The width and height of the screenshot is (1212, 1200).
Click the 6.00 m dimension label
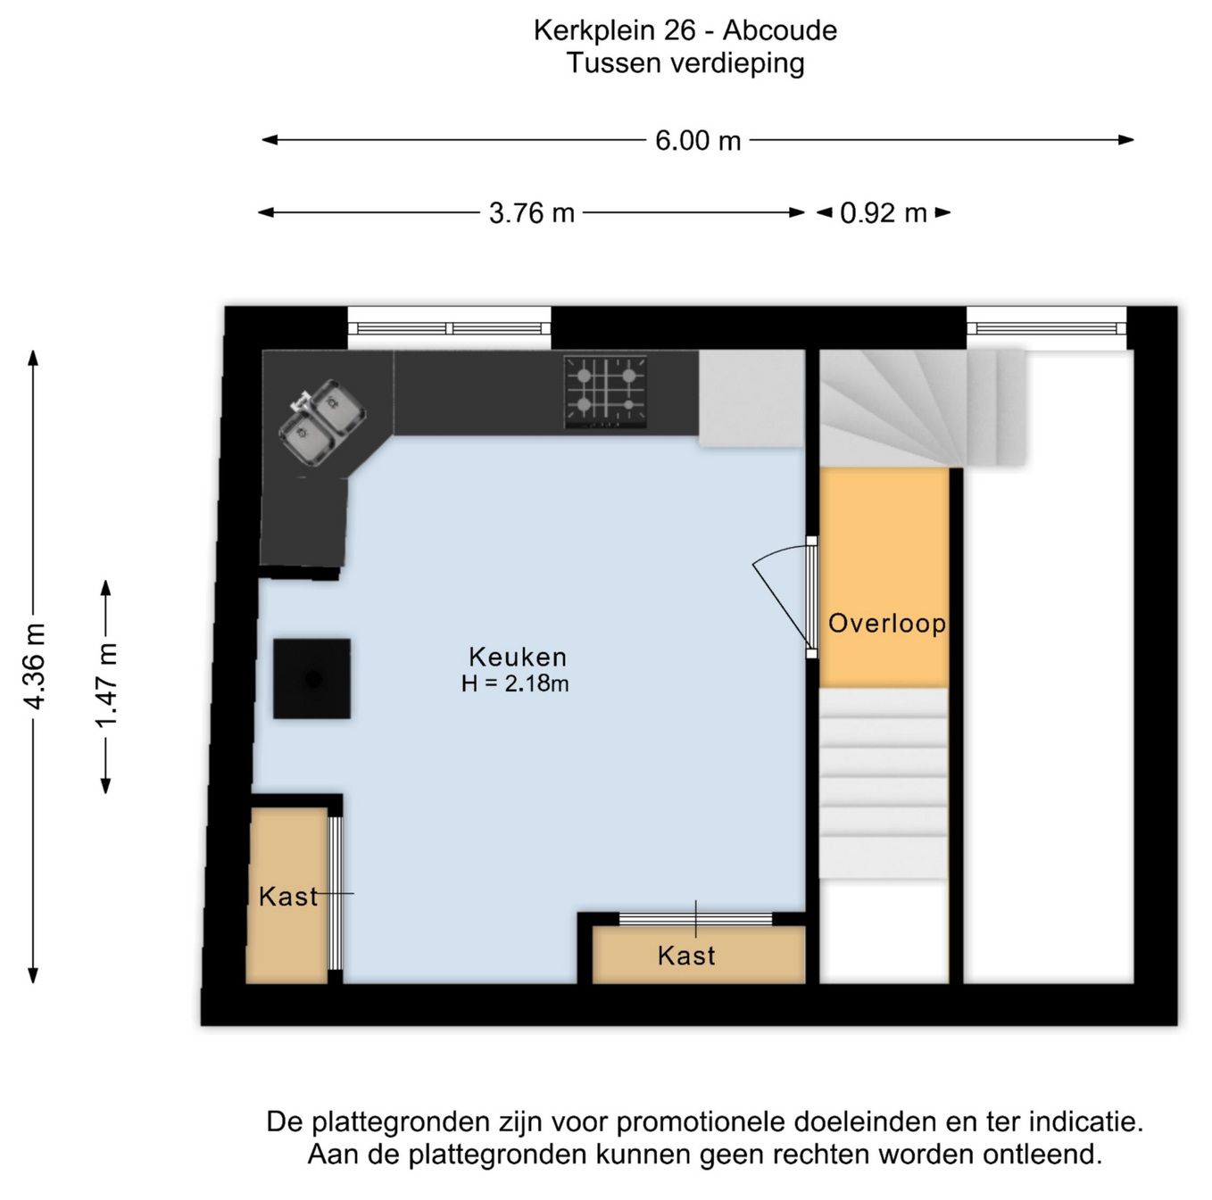pos(698,140)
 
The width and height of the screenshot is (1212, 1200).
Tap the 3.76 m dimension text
pos(531,213)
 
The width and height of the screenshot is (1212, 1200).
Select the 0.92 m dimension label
pos(883,213)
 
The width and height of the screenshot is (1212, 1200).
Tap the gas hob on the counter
pos(605,392)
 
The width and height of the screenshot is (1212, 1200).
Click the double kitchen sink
pos(322,422)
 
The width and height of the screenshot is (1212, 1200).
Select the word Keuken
pos(518,658)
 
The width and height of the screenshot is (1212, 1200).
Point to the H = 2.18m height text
pos(515,683)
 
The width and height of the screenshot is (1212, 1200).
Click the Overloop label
pos(887,624)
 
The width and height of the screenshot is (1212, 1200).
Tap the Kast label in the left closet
pos(288,897)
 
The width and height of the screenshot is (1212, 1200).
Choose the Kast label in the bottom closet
pos(686,956)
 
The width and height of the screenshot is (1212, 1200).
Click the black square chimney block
pos(312,679)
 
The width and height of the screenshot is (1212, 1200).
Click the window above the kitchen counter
pos(449,328)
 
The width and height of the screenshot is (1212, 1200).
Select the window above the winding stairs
pos(1047,328)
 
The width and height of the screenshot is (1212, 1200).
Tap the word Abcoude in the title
pos(780,31)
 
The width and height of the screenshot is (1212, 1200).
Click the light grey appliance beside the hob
pos(751,398)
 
